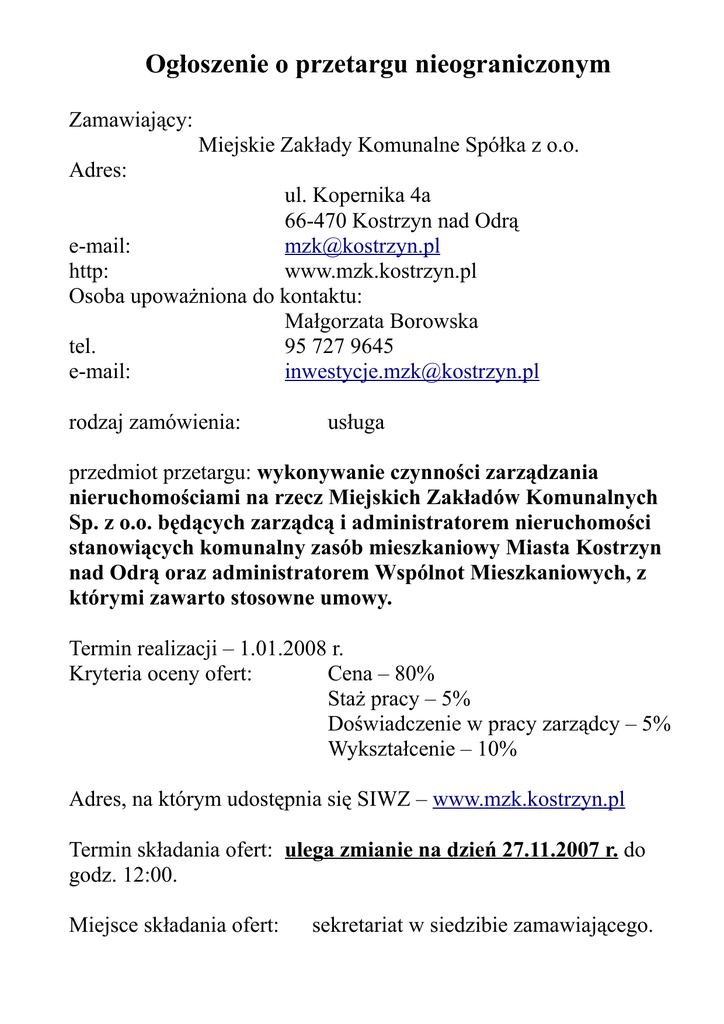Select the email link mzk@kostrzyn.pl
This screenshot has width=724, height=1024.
[x=362, y=246]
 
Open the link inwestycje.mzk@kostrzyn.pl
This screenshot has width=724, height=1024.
[x=412, y=372]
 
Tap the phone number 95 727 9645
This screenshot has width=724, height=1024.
[x=339, y=347]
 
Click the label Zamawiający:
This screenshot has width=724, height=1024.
[x=130, y=121]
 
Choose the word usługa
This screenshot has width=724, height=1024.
[x=356, y=423]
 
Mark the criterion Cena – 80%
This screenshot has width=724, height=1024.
[x=381, y=673]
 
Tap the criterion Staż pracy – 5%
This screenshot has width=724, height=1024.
[x=399, y=698]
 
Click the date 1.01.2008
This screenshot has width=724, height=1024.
[x=284, y=648]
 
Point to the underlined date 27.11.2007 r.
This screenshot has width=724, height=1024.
[x=559, y=851]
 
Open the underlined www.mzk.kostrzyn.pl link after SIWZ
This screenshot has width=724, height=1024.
[x=528, y=800]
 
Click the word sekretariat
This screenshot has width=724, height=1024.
[x=362, y=926]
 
